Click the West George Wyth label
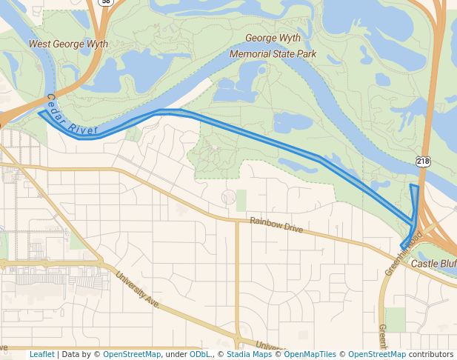click(68, 44)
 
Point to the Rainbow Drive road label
click(276, 225)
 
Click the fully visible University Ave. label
click(138, 291)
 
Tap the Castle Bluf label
click(433, 264)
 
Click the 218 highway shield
click(423, 161)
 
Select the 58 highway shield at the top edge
click(106, 2)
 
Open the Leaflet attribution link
click(41, 354)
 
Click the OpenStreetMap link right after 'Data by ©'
click(132, 354)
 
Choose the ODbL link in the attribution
click(200, 354)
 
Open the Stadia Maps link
click(247, 354)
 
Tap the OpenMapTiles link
click(312, 354)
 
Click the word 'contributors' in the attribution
click(431, 354)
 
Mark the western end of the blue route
click(39, 114)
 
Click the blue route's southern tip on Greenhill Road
click(402, 247)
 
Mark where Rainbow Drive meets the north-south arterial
click(236, 220)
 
